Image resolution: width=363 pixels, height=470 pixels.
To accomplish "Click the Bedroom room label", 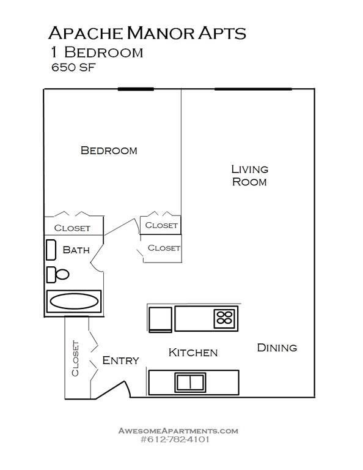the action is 109,150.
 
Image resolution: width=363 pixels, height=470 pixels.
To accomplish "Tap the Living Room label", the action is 249,176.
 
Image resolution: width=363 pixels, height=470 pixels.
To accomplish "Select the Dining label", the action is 277,348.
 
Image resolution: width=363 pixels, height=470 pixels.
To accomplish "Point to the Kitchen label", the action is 193,352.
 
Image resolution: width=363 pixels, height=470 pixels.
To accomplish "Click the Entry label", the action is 120,360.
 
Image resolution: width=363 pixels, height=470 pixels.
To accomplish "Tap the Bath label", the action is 76,250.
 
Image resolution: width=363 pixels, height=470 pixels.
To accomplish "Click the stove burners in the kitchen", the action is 225,318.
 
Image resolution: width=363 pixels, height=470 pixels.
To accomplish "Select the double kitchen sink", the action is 190,382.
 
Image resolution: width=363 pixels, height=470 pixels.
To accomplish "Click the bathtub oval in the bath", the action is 74,301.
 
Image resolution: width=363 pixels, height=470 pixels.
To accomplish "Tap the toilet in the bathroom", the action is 58,275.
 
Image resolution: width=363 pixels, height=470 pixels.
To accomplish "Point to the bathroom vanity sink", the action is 51,250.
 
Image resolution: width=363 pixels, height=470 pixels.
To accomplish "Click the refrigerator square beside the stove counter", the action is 160,319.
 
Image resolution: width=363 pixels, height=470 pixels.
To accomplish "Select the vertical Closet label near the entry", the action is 75,359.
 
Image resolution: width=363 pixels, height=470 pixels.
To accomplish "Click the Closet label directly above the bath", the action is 72,228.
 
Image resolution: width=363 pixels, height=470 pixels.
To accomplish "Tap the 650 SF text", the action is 73,67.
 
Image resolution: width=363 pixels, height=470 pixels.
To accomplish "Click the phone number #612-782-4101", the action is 175,439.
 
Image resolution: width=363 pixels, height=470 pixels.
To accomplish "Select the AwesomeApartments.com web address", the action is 178,431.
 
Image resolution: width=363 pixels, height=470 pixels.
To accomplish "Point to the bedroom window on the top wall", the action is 136,89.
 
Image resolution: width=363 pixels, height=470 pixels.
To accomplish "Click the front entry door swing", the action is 113,390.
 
